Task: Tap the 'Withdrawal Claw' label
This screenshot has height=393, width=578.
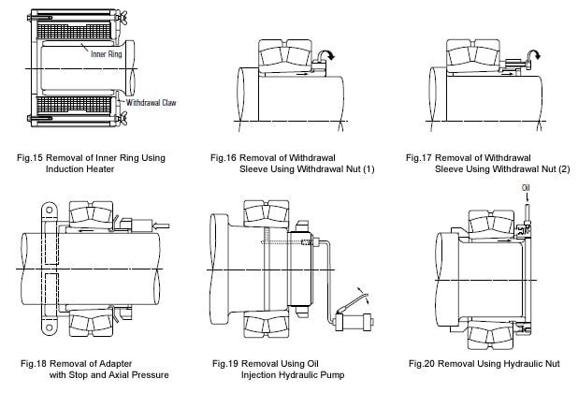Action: pos(141,103)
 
